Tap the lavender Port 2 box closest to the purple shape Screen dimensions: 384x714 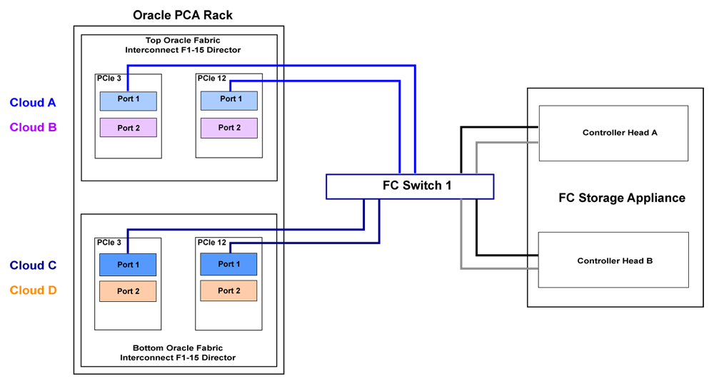click(x=129, y=128)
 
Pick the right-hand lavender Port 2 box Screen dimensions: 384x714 click(x=229, y=128)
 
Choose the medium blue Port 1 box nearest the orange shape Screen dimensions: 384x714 click(x=129, y=266)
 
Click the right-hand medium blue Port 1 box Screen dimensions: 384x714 click(x=229, y=265)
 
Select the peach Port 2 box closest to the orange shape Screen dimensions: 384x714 click(x=129, y=291)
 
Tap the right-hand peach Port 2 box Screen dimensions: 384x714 click(x=229, y=291)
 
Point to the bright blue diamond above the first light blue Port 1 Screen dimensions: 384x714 click(x=129, y=81)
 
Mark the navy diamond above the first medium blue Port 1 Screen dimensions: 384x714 click(x=129, y=245)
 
